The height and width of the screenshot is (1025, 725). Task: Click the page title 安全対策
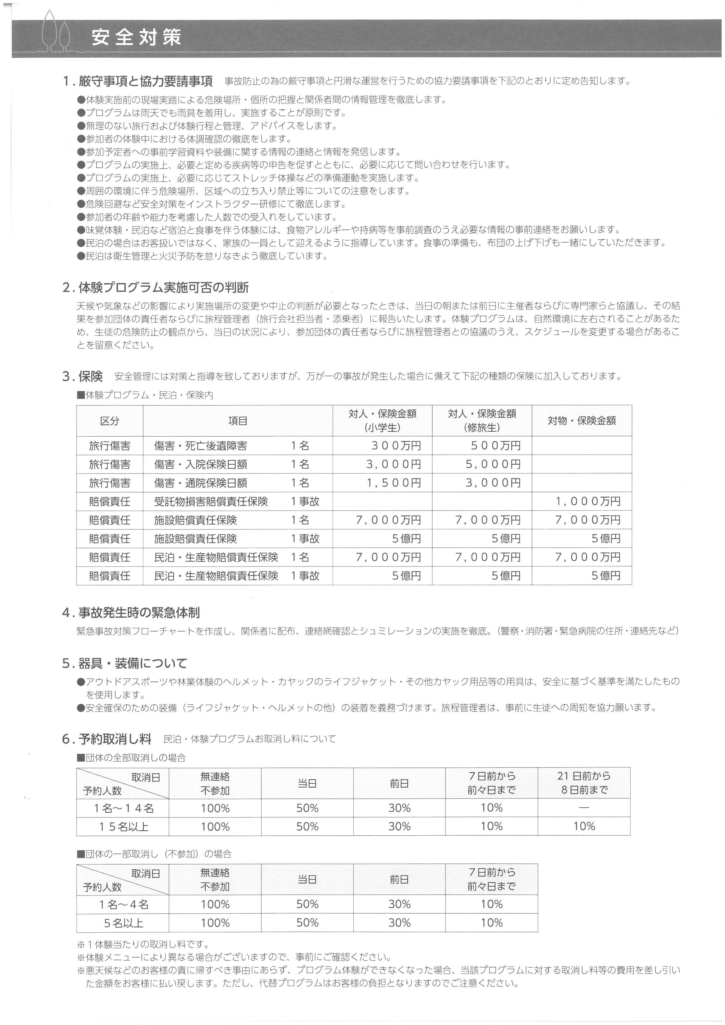(x=136, y=38)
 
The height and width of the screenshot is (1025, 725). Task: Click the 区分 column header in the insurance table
(x=110, y=421)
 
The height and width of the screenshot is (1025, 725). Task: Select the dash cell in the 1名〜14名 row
(x=584, y=808)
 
